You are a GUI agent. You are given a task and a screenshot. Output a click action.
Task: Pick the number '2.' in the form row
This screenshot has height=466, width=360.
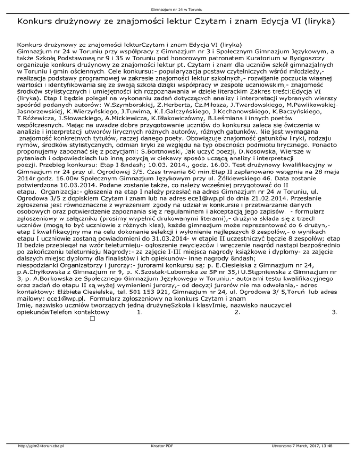click(237, 324)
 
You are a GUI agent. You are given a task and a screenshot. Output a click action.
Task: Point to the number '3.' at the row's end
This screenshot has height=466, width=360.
click(334, 324)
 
